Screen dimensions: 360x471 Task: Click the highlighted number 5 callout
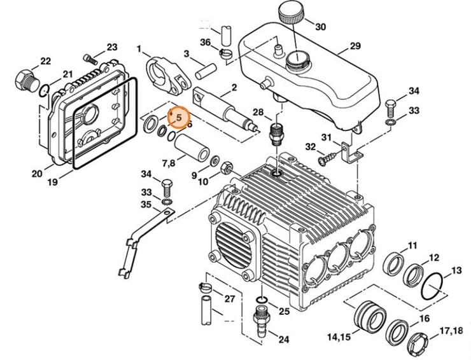pos(179,117)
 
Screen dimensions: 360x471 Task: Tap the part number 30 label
pos(320,27)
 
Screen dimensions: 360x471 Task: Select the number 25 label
pos(284,311)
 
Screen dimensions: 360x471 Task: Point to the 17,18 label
pos(448,330)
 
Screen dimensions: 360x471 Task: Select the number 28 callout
pos(258,113)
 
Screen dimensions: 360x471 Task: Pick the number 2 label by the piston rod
pos(234,87)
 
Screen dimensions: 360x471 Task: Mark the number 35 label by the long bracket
pos(146,204)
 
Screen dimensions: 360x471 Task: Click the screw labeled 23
pos(91,60)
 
